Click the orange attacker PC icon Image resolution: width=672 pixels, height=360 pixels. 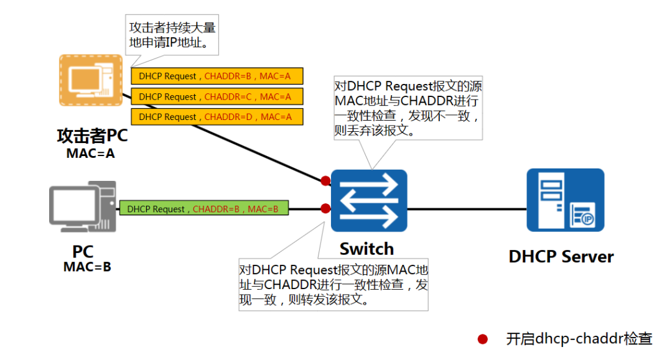(91, 80)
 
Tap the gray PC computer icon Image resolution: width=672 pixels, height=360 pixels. (83, 206)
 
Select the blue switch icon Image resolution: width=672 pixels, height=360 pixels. (369, 200)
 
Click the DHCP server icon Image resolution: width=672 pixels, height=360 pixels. (565, 200)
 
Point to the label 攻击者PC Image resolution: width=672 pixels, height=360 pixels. (91, 136)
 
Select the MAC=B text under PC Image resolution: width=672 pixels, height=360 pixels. (87, 267)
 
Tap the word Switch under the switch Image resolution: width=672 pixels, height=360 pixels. (366, 249)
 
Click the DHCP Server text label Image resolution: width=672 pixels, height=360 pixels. (561, 257)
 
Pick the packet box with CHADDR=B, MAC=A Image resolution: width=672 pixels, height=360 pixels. (217, 76)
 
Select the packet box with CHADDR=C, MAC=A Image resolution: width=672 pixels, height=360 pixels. (217, 97)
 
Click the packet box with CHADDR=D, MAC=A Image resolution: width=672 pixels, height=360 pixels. (217, 117)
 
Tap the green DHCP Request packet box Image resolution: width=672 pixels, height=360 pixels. (204, 209)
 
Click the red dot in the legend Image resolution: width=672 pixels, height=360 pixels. (482, 339)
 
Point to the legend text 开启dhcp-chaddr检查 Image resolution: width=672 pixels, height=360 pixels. (579, 339)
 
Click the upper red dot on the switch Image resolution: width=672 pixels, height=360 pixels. (325, 181)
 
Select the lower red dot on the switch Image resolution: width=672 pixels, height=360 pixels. (325, 208)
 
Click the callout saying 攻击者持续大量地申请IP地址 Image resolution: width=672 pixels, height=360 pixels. (172, 36)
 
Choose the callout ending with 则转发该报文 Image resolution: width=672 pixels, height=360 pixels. (334, 285)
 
